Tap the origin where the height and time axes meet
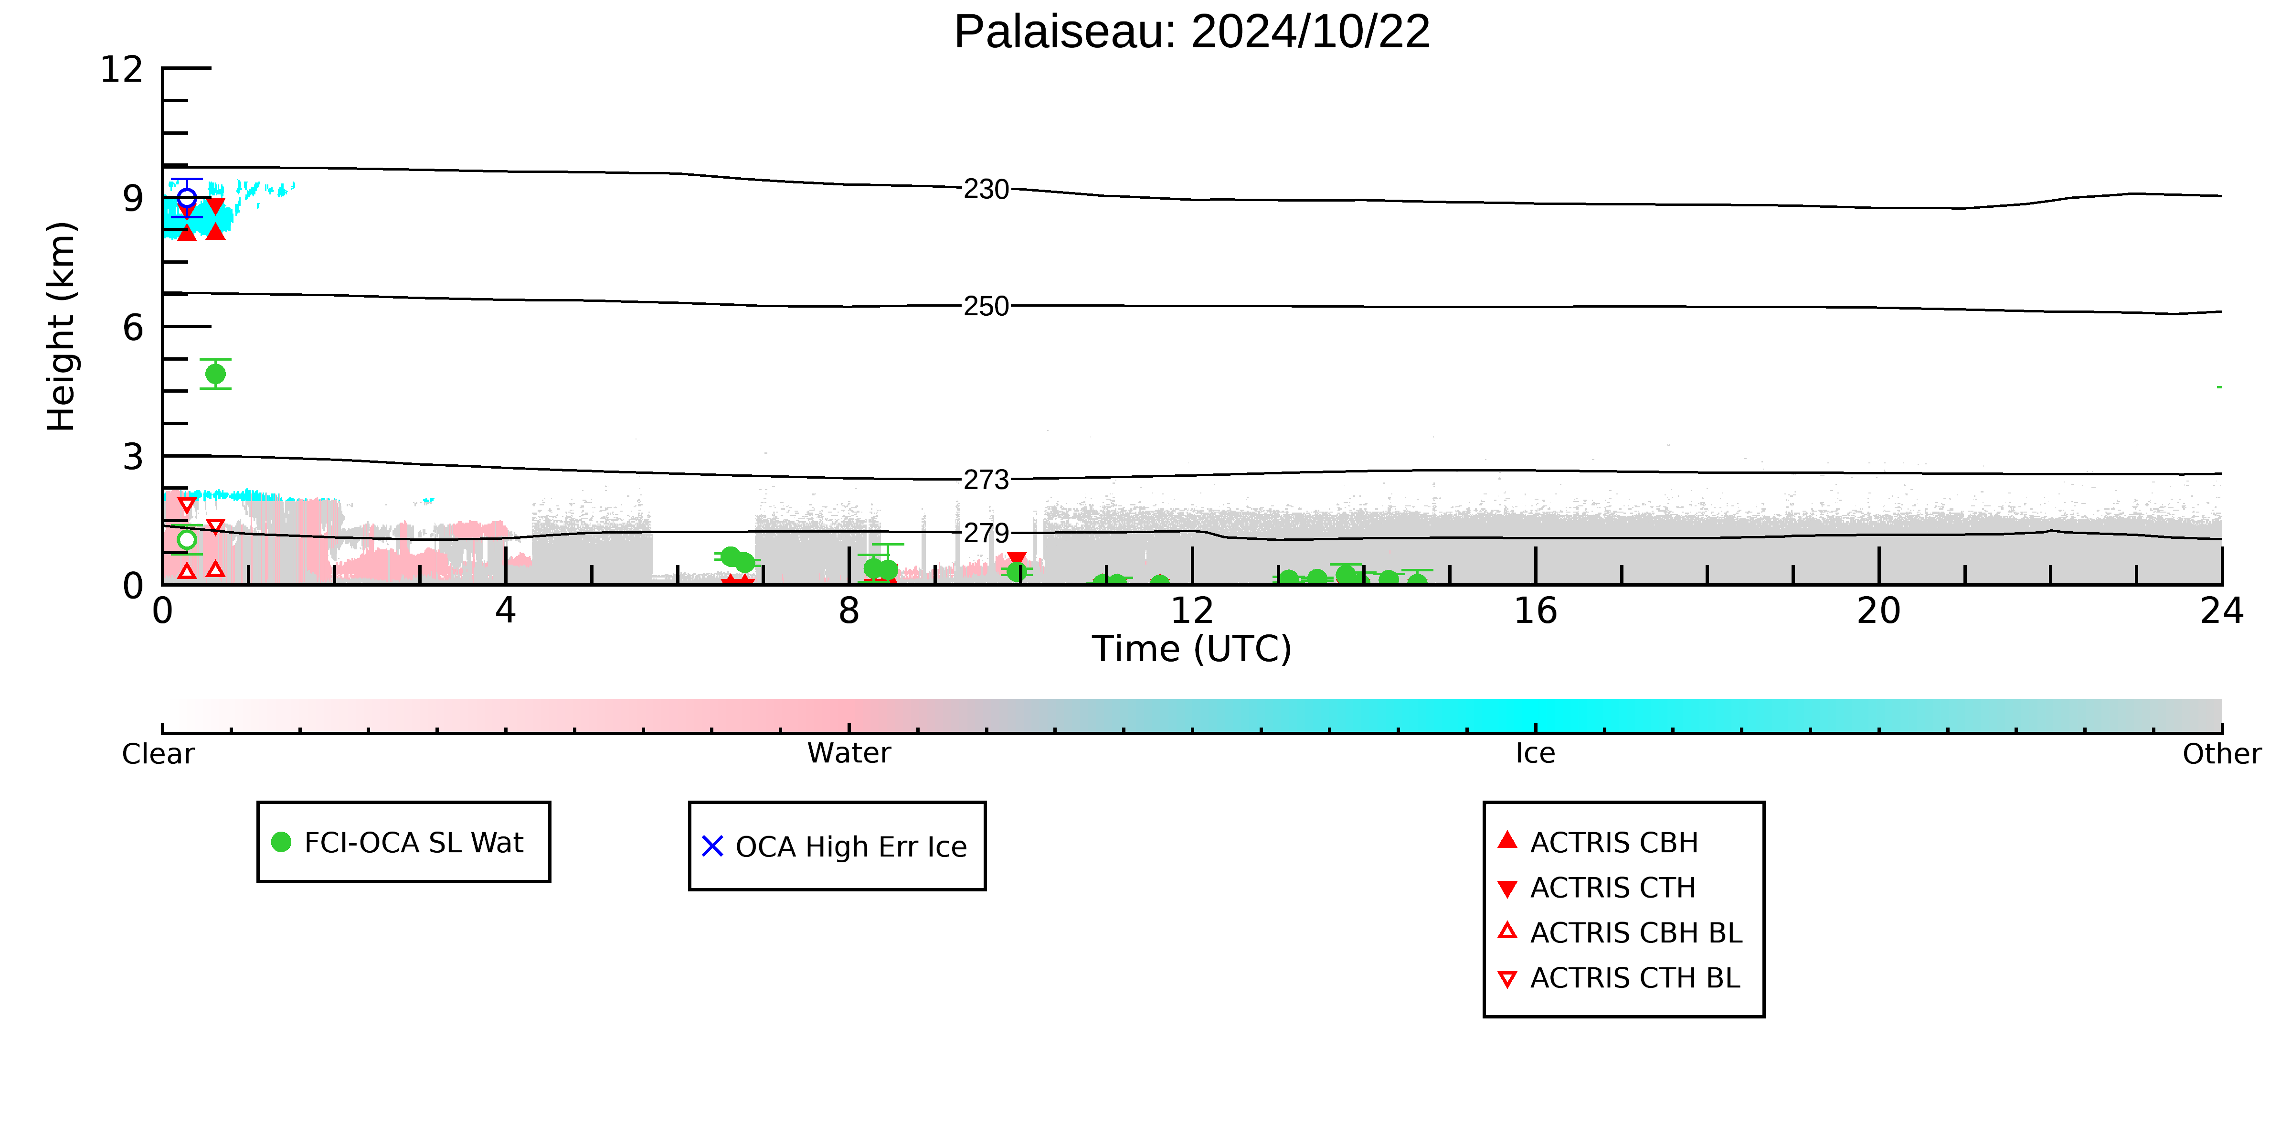163,585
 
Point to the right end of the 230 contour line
2222,196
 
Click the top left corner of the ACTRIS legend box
1485,803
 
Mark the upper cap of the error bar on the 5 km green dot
215,359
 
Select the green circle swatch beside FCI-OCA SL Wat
281,842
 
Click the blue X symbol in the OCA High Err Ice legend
712,846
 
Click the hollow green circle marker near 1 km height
187,539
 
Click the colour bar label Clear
159,754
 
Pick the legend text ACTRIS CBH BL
1635,932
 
